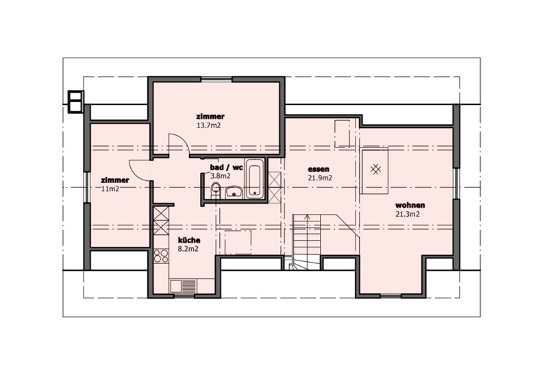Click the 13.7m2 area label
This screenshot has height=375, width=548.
209,125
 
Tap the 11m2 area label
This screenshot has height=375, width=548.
110,189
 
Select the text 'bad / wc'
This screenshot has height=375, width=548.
226,167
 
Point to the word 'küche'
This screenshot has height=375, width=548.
189,241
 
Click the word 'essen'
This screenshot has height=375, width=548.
319,169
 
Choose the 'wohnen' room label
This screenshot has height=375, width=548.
410,206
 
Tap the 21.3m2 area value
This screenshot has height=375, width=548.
408,214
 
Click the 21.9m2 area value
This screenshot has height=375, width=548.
320,178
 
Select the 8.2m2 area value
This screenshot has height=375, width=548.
188,249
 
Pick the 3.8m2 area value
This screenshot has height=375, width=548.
220,176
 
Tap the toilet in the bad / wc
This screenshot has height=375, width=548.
216,189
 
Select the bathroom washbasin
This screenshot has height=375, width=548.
234,192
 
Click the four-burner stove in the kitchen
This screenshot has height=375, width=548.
161,256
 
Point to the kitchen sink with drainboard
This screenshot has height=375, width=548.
183,286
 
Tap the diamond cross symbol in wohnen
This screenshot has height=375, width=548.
375,169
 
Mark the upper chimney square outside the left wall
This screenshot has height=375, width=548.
75,96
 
